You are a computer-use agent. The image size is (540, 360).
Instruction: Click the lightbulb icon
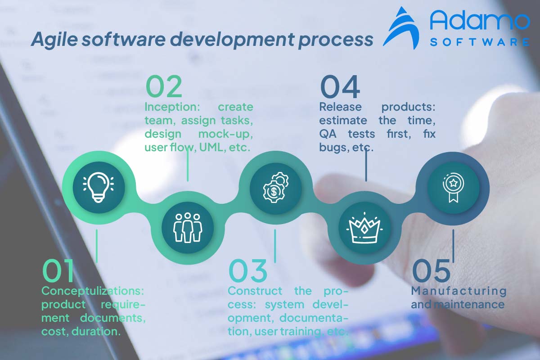coord(98,187)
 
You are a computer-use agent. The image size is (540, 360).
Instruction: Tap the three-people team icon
coord(188,227)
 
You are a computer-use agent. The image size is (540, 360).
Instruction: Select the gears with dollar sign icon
coord(275,187)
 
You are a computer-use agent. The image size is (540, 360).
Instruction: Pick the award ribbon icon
coord(452,187)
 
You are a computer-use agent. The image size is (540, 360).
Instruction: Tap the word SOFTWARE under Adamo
coord(479,42)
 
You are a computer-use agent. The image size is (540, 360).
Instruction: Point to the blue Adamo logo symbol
coord(403,28)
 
